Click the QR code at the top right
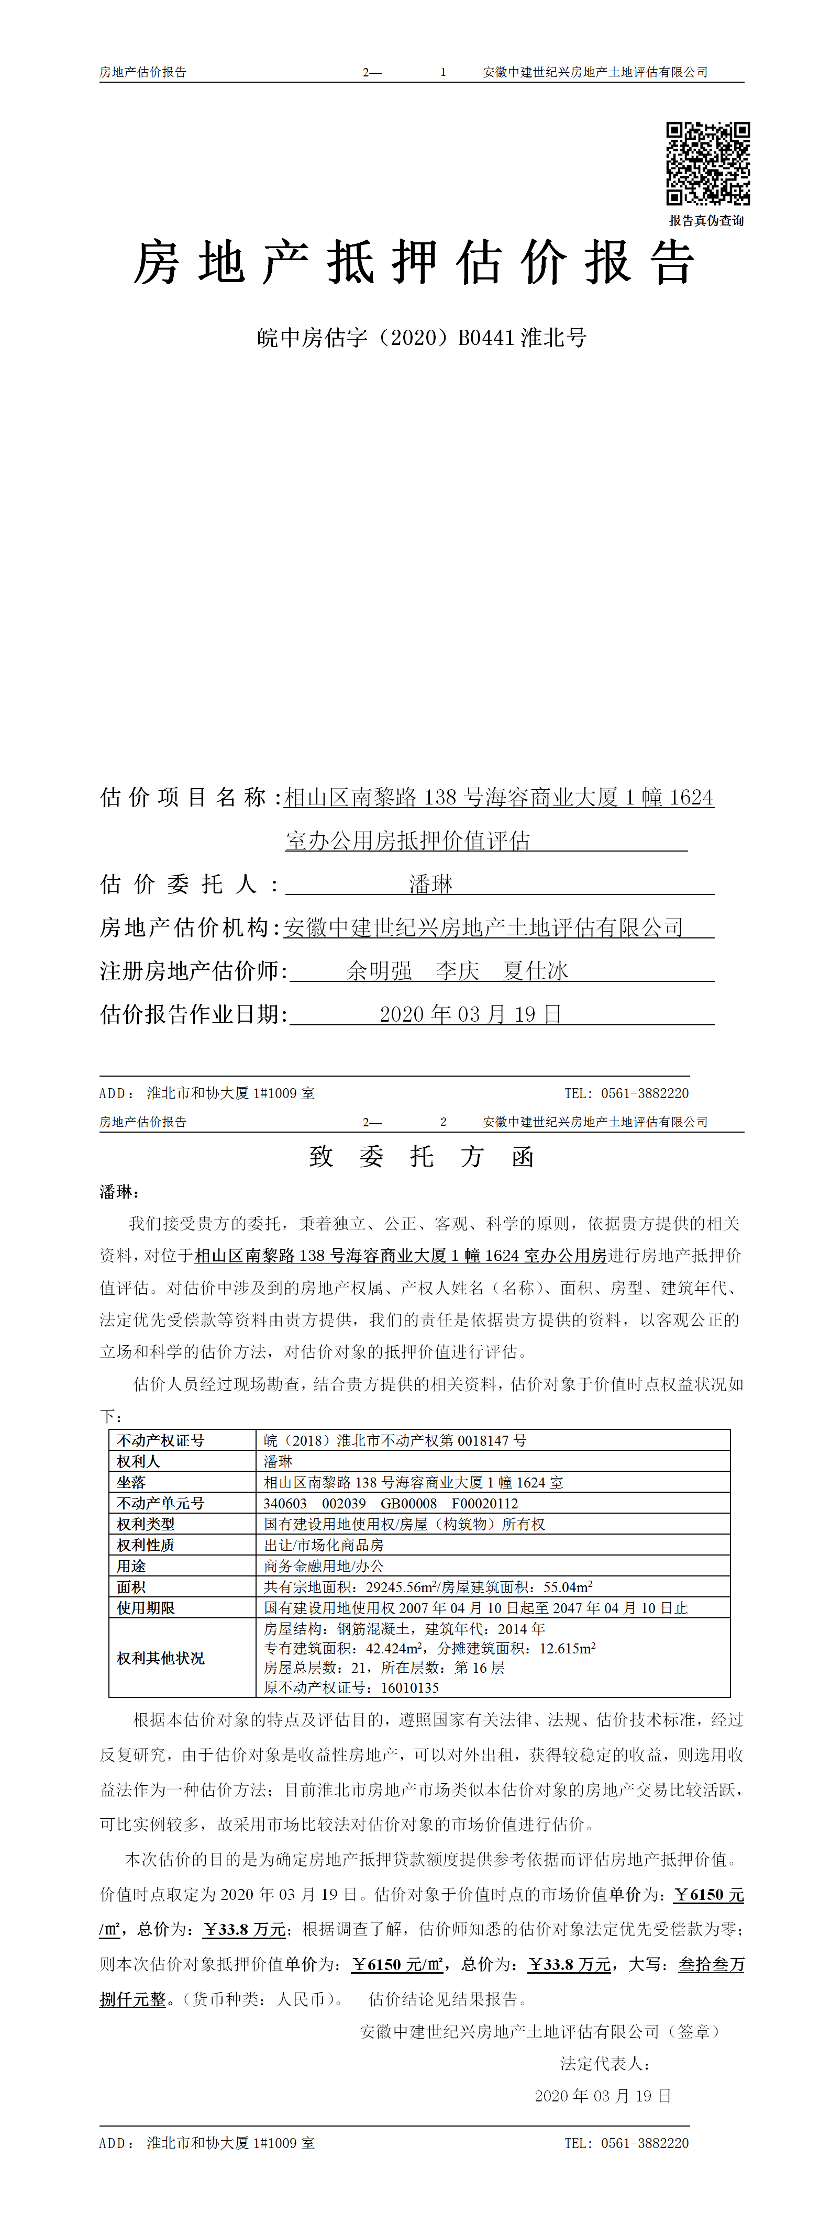coord(707,163)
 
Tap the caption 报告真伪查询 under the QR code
coord(706,221)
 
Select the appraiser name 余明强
coord(379,971)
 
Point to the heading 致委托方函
coord(422,1157)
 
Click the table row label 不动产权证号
coord(161,1440)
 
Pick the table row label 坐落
coord(131,1482)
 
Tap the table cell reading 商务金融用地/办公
coord(324,1566)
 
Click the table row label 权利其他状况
coord(161,1658)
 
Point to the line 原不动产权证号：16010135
coord(351,1687)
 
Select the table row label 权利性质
coord(146,1545)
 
